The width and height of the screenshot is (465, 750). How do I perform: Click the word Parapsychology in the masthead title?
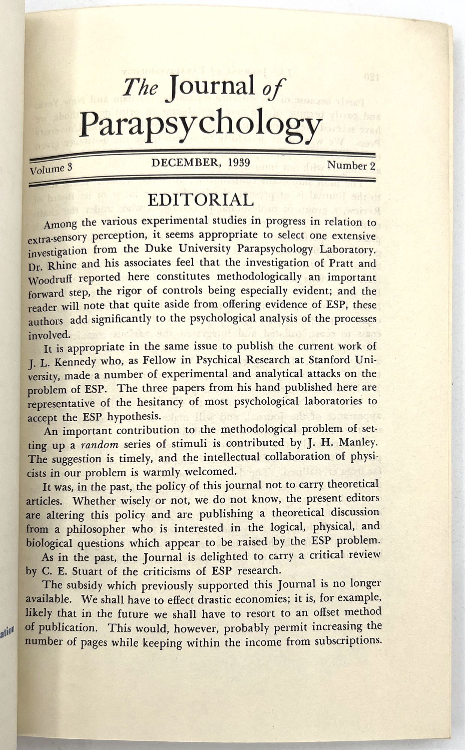pos(201,123)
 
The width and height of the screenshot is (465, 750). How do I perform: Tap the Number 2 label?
pos(351,165)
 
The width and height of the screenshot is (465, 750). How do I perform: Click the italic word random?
pos(100,445)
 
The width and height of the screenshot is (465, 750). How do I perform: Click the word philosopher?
pos(96,529)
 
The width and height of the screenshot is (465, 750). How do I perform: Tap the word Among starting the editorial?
pos(60,225)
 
